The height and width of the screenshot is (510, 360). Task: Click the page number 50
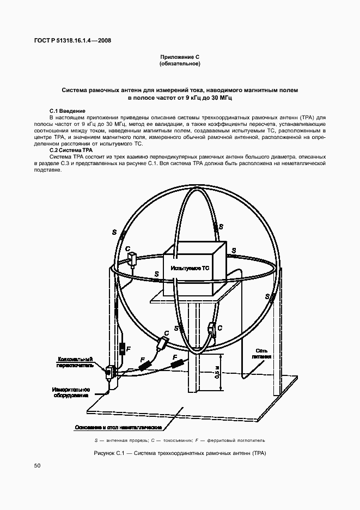click(37, 465)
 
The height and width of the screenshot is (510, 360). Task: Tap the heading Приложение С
click(180, 57)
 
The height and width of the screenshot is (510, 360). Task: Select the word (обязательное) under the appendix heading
click(180, 64)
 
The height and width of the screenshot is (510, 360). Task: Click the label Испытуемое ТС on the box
click(190, 269)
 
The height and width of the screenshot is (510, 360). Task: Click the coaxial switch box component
click(109, 373)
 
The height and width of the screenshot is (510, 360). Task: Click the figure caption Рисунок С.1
click(180, 453)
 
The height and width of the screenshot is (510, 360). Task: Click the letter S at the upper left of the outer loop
click(114, 233)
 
